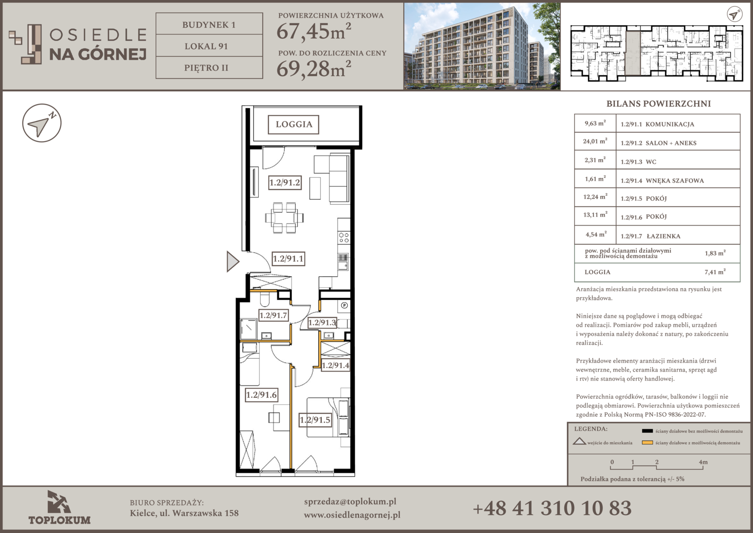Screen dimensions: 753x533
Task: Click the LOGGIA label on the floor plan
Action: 294,124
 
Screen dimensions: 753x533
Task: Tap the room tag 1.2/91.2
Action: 285,183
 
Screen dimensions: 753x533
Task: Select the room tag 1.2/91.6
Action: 262,395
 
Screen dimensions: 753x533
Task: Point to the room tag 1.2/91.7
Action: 273,315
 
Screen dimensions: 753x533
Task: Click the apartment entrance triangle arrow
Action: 233,261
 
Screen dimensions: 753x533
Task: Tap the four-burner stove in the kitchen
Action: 344,237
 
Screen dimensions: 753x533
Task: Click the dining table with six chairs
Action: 284,218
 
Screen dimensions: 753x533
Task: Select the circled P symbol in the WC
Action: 344,305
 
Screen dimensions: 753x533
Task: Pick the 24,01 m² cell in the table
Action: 595,141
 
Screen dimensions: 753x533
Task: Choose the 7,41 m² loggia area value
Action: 715,272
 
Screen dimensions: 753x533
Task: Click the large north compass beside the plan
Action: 42,123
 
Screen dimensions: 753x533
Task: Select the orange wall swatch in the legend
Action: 647,442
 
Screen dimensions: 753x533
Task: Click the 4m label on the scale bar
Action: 703,462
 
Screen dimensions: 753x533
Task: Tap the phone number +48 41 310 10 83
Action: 552,508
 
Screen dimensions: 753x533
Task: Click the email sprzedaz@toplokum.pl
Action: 350,501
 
